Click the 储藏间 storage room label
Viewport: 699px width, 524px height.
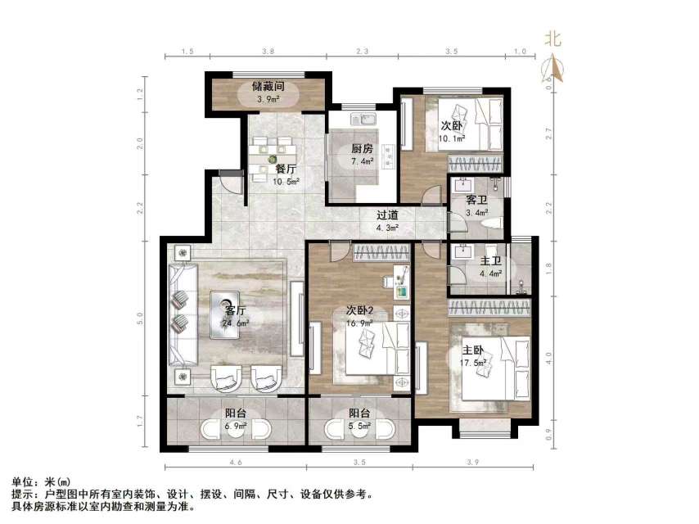(x=268, y=85)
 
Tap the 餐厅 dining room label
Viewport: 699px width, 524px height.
(x=285, y=169)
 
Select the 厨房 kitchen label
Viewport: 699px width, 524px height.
(x=363, y=149)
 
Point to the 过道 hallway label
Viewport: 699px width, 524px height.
(x=387, y=215)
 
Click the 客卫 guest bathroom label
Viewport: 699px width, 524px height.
(x=477, y=199)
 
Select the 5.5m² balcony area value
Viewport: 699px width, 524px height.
(x=359, y=427)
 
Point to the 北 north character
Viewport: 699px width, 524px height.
(x=553, y=38)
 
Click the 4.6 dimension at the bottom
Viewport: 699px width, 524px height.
(x=236, y=463)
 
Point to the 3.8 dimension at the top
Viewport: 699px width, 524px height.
(x=268, y=52)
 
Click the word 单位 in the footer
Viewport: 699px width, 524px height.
(x=20, y=481)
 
